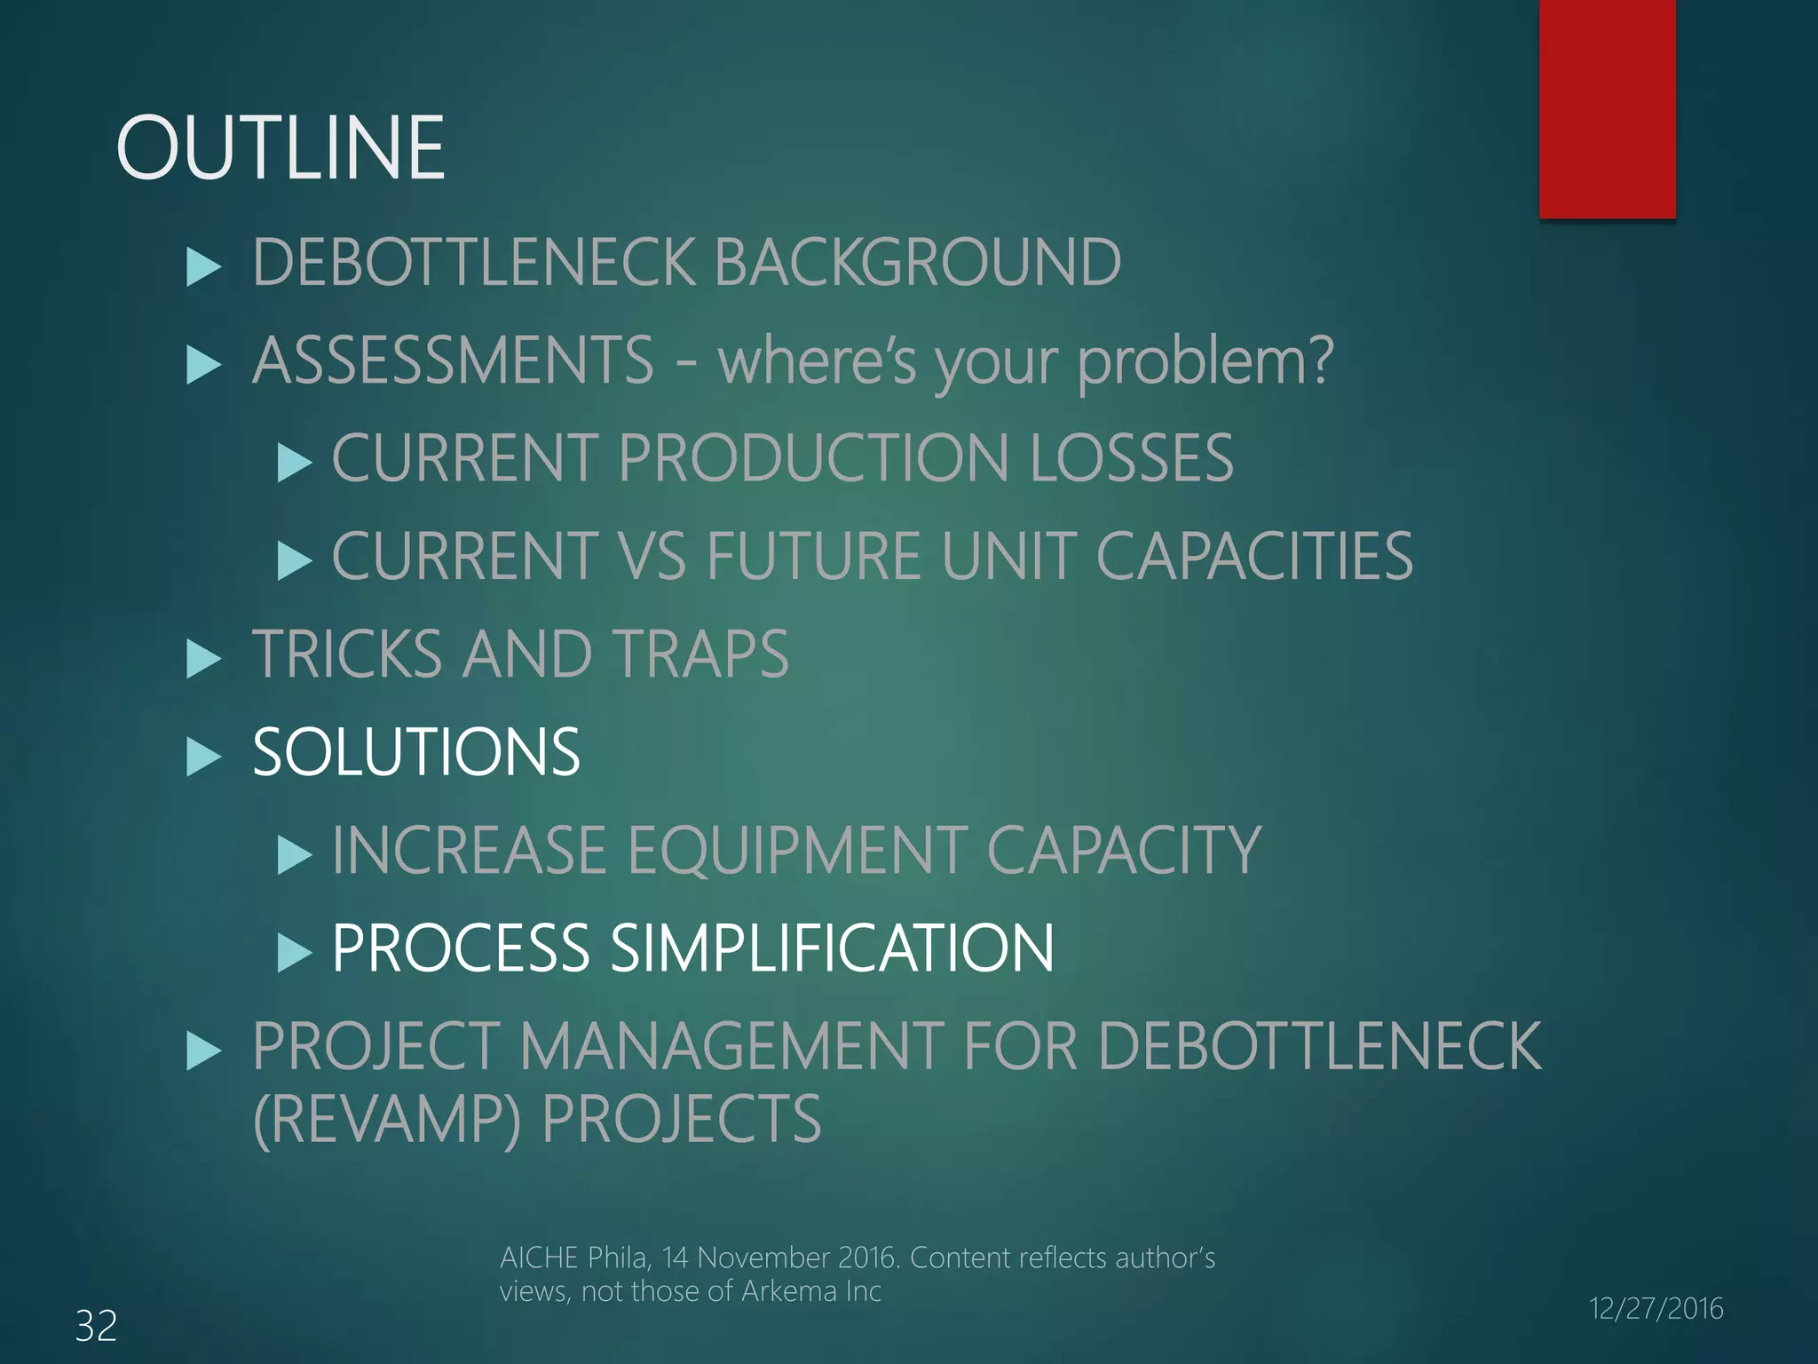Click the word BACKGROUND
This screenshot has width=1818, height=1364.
coord(917,263)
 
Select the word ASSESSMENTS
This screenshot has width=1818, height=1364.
coord(454,361)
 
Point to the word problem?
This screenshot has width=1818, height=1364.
coord(1205,362)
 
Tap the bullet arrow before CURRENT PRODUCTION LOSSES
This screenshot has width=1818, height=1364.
coord(294,463)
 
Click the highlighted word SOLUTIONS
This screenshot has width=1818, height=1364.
coord(416,752)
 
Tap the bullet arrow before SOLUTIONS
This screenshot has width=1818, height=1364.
coord(203,757)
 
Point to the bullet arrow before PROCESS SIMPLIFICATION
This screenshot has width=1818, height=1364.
coord(294,953)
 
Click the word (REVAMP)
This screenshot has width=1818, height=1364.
coord(387,1119)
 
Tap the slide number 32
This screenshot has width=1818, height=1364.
coord(96,1326)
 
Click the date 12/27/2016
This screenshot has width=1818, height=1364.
coord(1656,1308)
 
